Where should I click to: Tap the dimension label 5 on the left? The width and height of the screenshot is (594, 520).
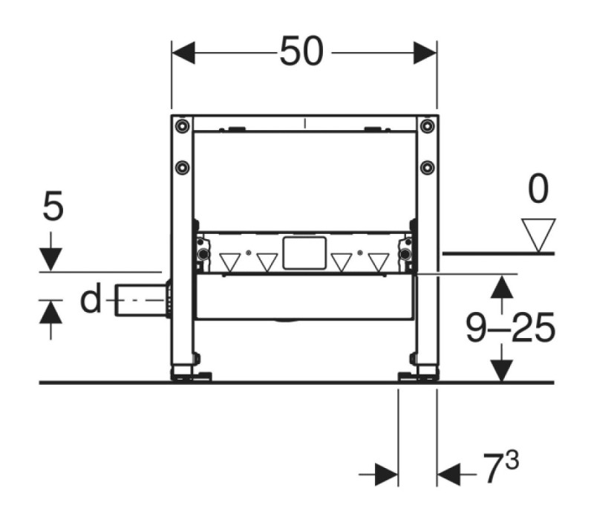tap(53, 207)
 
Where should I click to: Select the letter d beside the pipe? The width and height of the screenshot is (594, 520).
tap(91, 298)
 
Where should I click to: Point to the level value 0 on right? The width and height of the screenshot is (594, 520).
tap(538, 189)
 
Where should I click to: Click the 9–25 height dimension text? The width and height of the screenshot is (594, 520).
tap(510, 328)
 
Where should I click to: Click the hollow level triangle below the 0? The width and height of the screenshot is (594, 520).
tap(538, 235)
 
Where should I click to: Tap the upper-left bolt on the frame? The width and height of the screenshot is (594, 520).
tap(182, 126)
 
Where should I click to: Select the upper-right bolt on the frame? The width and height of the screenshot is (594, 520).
tap(428, 126)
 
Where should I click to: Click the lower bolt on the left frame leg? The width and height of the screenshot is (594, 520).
tap(182, 167)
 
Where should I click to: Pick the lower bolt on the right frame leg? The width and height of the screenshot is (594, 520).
tap(428, 167)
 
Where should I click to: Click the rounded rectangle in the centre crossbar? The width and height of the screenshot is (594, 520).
tap(304, 253)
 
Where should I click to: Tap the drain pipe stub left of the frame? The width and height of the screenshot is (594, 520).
tap(142, 300)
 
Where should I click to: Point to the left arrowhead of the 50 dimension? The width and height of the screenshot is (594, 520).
tap(183, 53)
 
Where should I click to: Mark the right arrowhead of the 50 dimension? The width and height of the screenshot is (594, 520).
tap(425, 53)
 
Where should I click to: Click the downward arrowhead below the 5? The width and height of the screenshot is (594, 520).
tap(50, 259)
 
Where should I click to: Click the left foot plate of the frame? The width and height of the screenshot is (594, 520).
tap(192, 376)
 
